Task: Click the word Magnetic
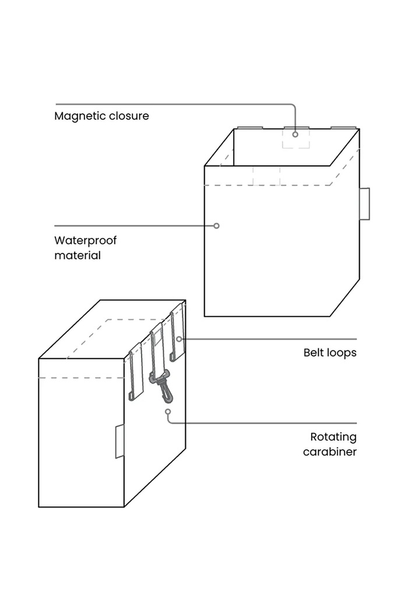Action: [80, 117]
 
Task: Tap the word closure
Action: [129, 116]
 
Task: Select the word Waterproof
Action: [85, 241]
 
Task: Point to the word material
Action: [78, 255]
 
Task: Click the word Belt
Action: [313, 353]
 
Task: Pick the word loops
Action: [341, 353]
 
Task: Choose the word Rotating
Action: [333, 437]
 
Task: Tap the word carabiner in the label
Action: [330, 452]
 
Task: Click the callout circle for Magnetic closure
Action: [296, 134]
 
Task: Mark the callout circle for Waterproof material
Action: [216, 226]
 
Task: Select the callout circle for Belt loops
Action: [179, 339]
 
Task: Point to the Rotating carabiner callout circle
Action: [168, 411]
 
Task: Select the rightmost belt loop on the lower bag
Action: [177, 333]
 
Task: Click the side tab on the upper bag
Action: [364, 204]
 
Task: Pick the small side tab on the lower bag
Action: [119, 441]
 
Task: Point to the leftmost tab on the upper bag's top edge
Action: [249, 127]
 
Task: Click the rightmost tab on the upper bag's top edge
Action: [343, 127]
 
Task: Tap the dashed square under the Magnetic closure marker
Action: [296, 139]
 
